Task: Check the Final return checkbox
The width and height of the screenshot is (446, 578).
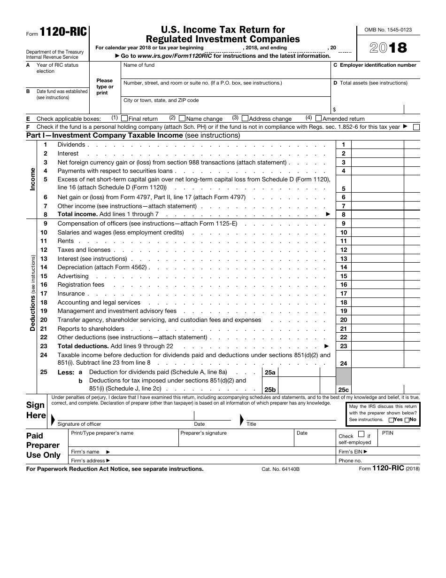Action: click(x=124, y=118)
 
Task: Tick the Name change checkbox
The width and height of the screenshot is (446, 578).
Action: click(x=182, y=118)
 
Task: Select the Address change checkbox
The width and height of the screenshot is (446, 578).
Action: click(x=245, y=118)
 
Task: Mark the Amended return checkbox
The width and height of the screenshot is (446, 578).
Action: click(x=319, y=118)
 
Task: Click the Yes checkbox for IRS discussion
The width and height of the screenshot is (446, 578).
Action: click(x=392, y=420)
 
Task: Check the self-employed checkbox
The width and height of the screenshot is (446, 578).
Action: click(x=361, y=435)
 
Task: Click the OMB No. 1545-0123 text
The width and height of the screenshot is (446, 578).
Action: click(x=388, y=30)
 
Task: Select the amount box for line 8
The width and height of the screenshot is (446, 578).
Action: click(x=377, y=215)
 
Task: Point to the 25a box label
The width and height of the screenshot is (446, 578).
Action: click(x=270, y=373)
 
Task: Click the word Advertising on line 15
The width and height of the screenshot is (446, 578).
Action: click(x=73, y=276)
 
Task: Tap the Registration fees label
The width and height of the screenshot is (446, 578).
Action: click(x=81, y=285)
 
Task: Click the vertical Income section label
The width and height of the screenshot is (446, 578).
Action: click(x=32, y=179)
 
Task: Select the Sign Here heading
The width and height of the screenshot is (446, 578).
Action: click(x=36, y=410)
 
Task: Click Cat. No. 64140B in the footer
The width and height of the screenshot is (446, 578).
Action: click(x=280, y=469)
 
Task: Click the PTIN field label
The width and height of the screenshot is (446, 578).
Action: click(x=388, y=433)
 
